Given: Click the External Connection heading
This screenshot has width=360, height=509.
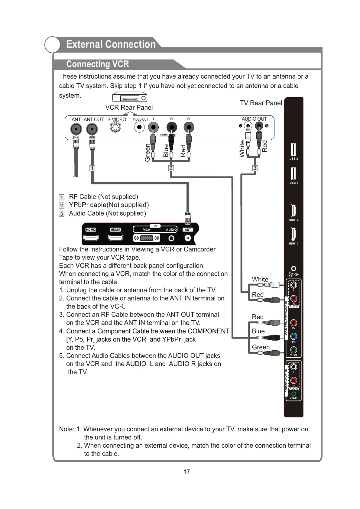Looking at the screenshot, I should [111, 44].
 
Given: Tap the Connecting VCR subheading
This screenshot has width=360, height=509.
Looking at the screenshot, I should [97, 64].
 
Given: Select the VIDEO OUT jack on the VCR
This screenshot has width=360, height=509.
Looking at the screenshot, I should [139, 127].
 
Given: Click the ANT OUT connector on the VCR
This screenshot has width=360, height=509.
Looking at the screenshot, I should [92, 129].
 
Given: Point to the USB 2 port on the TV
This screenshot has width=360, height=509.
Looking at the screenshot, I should [293, 149].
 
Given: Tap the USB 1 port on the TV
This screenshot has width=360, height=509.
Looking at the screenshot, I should [293, 173].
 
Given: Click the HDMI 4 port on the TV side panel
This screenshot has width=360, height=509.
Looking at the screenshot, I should [293, 210].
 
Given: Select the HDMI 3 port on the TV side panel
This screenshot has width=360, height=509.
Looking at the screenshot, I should [293, 234].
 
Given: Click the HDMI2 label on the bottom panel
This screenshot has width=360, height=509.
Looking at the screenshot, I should [91, 230].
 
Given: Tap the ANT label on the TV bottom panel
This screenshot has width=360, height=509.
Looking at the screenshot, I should [188, 230].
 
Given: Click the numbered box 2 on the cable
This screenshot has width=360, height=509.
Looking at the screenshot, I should [171, 168].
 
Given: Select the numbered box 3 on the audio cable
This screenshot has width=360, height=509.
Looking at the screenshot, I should [255, 168].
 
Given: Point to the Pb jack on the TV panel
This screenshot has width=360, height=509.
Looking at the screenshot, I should [293, 336].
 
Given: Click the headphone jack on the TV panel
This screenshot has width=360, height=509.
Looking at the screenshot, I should [293, 268].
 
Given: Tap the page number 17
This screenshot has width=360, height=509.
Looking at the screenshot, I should [186, 472].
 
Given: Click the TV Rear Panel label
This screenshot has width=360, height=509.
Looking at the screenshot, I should [261, 103].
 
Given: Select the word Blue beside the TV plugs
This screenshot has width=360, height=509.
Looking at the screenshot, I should [258, 331].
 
